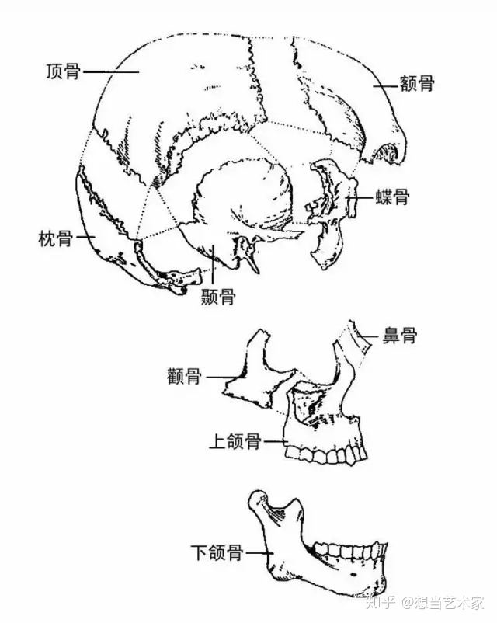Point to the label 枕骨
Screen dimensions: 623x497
56,238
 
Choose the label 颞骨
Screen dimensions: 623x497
217,296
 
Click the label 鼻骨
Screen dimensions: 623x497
399,336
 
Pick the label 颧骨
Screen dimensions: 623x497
184,378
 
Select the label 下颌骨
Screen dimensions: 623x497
217,553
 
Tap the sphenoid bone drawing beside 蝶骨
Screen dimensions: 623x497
330,210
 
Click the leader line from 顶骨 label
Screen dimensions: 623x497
109,72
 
